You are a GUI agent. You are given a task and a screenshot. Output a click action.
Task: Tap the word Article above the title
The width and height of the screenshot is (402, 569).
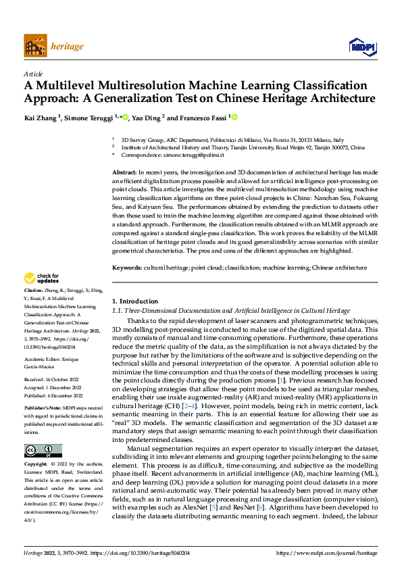[32, 74]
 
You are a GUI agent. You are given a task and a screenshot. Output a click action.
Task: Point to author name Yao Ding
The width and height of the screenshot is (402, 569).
[147, 118]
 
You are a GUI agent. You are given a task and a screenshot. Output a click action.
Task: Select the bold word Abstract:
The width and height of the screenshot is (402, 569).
[124, 173]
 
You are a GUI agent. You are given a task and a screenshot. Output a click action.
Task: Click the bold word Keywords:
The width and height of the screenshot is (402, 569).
[126, 249]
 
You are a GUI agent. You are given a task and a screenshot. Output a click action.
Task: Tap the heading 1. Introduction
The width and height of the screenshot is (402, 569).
[134, 301]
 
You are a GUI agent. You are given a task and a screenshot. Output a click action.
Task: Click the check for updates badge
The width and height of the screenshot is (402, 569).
[42, 278]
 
